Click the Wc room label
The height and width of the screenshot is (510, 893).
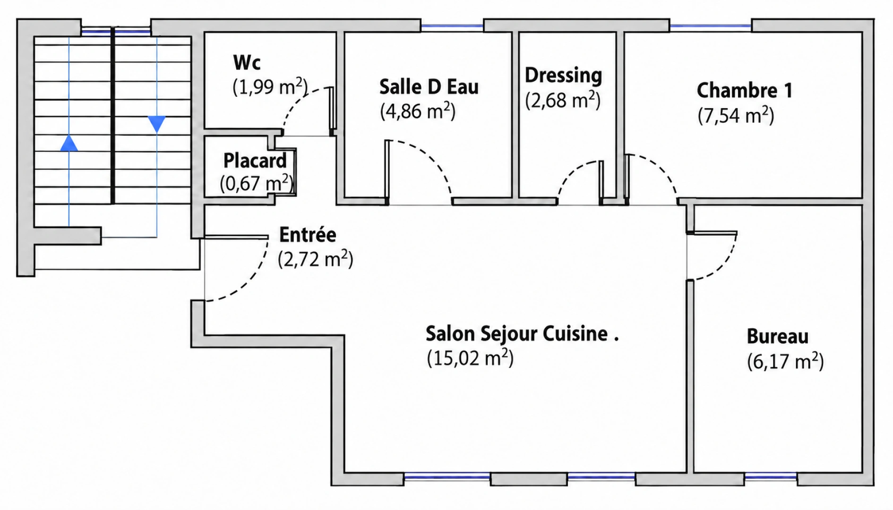[x=247, y=62]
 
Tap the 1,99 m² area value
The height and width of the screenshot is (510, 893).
[x=270, y=87]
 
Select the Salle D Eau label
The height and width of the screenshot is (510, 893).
[x=429, y=87]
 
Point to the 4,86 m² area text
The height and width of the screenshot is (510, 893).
[x=418, y=111]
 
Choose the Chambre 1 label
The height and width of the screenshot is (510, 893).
[x=745, y=90]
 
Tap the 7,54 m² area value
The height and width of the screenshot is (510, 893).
[x=736, y=115]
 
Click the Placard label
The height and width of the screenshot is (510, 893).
[x=255, y=161]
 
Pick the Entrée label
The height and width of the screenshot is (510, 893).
[x=308, y=235]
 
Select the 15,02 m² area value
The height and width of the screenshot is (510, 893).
[x=470, y=357]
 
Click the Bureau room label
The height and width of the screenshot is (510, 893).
[x=777, y=337]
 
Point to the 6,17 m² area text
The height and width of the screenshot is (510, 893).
[x=785, y=361]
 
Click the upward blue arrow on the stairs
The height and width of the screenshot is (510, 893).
[x=69, y=143]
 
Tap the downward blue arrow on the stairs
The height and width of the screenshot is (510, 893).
[x=157, y=124]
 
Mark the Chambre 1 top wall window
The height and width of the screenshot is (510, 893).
[x=711, y=25]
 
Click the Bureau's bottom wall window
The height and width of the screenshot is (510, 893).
[x=771, y=477]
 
